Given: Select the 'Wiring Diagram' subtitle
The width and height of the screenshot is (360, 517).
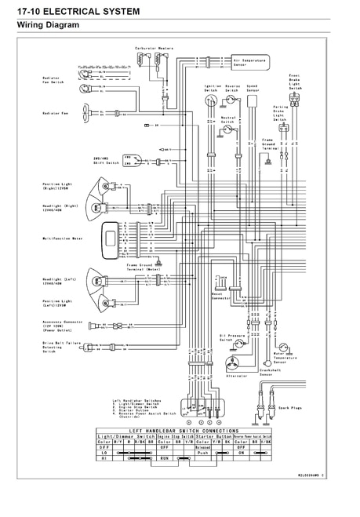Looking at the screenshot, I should (x=49, y=26).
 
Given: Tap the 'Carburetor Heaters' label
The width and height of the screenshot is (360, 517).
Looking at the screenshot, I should (x=154, y=49).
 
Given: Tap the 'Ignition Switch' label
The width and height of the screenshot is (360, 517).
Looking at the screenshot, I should (x=212, y=88).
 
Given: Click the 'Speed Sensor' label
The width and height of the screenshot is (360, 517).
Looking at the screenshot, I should (x=252, y=88).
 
